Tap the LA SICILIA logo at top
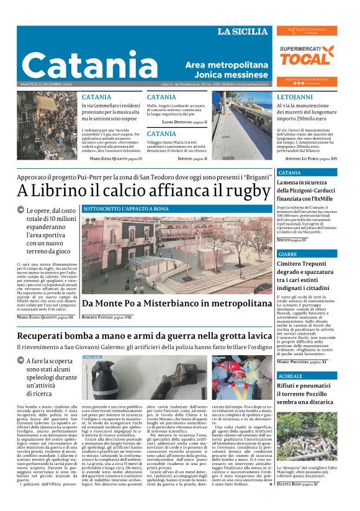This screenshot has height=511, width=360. click(x=243, y=32)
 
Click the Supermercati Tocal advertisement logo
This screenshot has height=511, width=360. click(x=306, y=56)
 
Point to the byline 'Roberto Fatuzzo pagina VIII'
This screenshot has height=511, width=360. click(x=107, y=317)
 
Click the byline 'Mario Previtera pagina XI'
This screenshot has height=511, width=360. click(x=302, y=361)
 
